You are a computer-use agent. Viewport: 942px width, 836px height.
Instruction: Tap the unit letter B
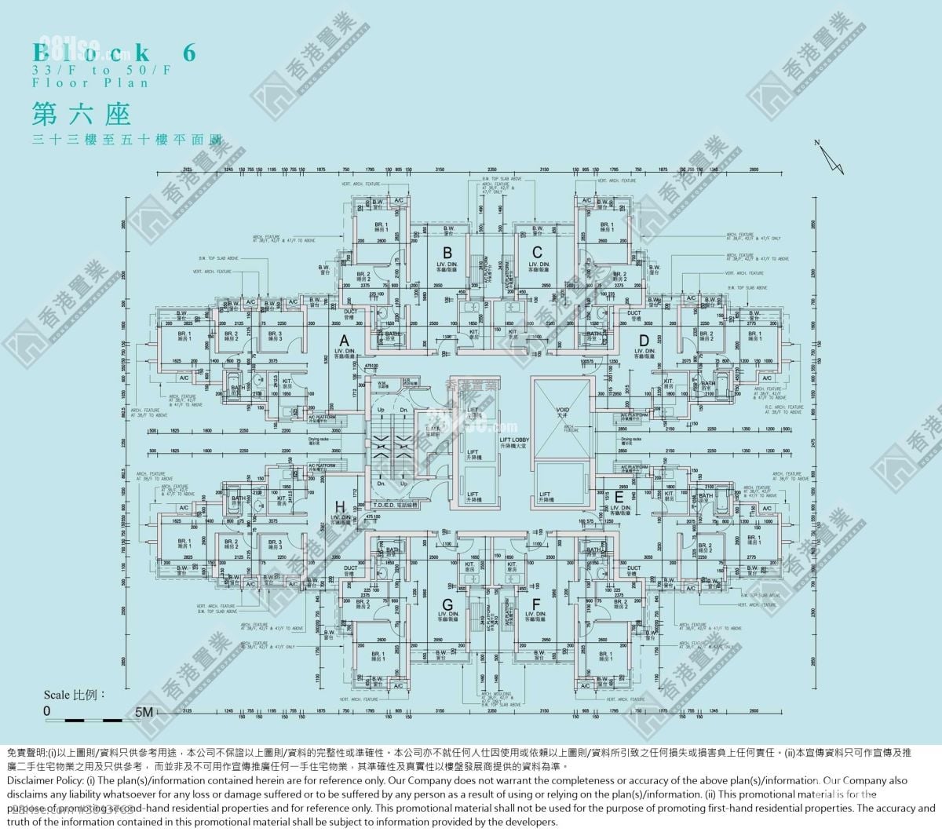click(x=447, y=252)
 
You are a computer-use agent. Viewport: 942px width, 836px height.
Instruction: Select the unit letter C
click(x=537, y=252)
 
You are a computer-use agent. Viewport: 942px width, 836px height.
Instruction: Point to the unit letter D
click(x=644, y=339)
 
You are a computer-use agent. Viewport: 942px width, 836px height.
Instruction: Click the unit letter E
click(x=619, y=496)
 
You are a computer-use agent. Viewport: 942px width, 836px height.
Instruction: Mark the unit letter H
click(x=340, y=506)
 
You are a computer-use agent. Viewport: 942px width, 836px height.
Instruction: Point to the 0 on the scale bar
click(x=47, y=711)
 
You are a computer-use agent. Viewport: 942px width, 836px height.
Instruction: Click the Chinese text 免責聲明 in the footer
click(x=27, y=751)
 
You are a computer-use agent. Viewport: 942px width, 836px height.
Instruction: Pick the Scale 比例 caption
click(x=74, y=695)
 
